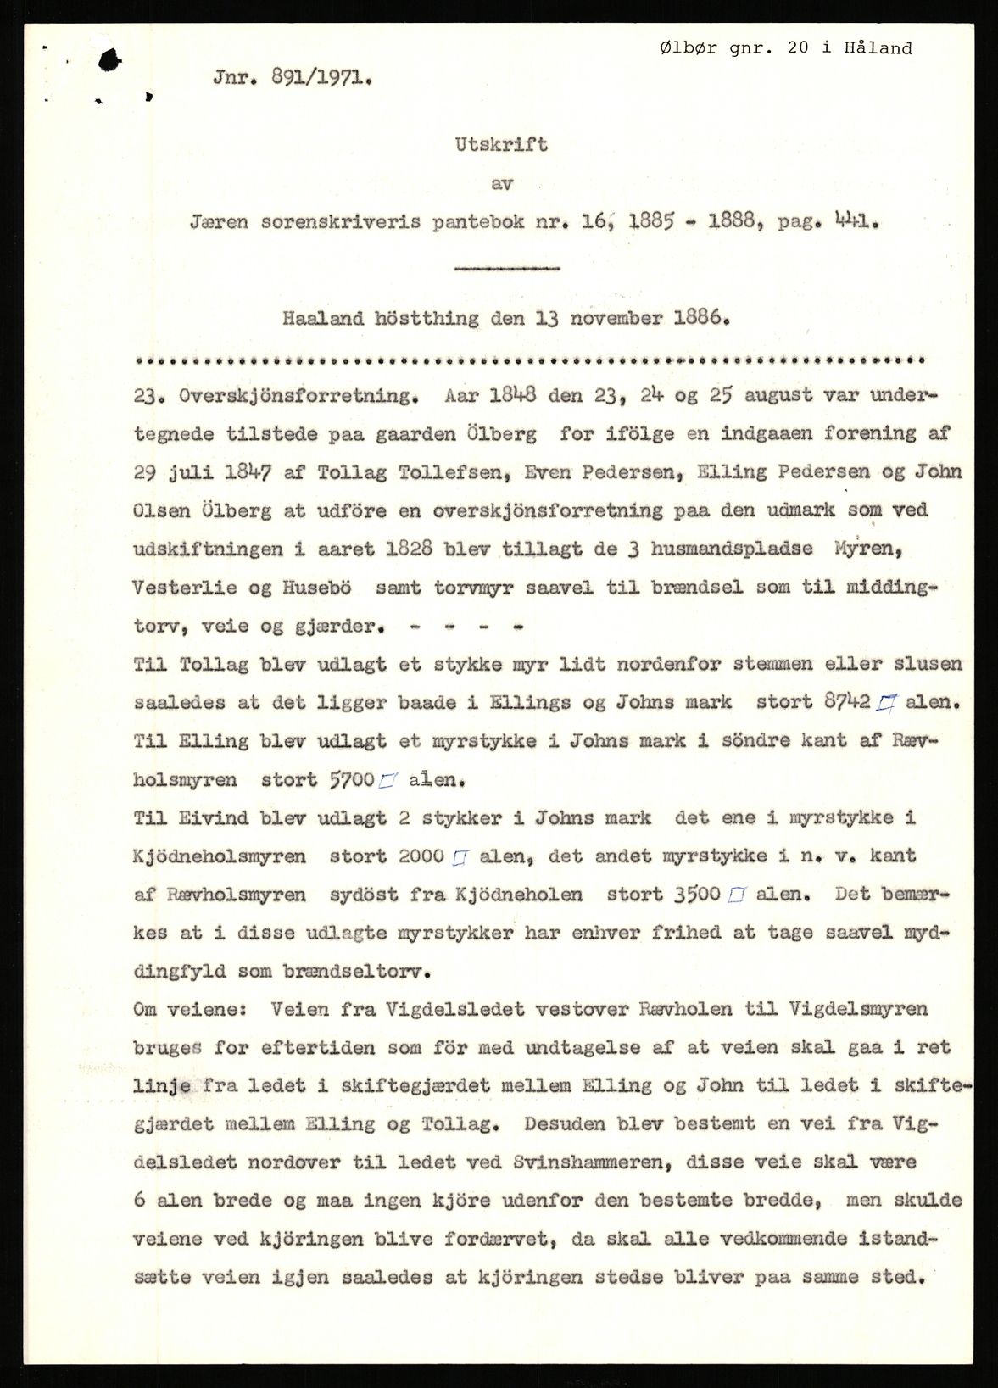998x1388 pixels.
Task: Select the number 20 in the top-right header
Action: click(x=797, y=48)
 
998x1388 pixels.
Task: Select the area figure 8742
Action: click(x=846, y=702)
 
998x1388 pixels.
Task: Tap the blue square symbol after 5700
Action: click(x=388, y=781)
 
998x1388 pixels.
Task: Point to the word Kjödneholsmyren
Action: click(x=219, y=856)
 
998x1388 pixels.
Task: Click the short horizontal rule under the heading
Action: click(x=507, y=269)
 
